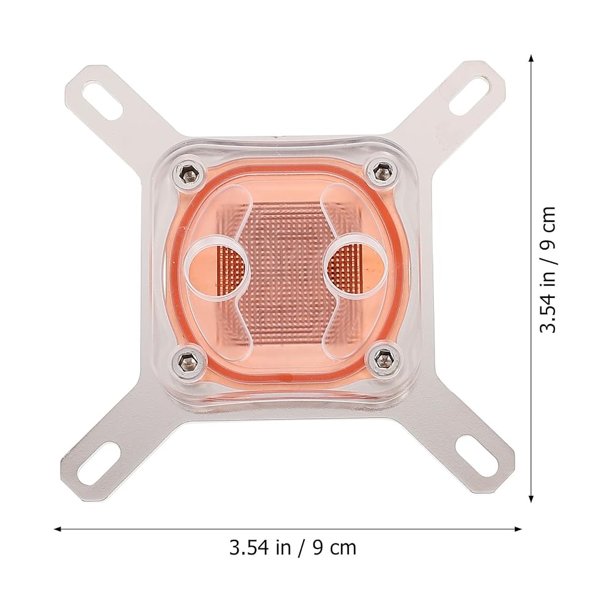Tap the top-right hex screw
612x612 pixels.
(x=381, y=171)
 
